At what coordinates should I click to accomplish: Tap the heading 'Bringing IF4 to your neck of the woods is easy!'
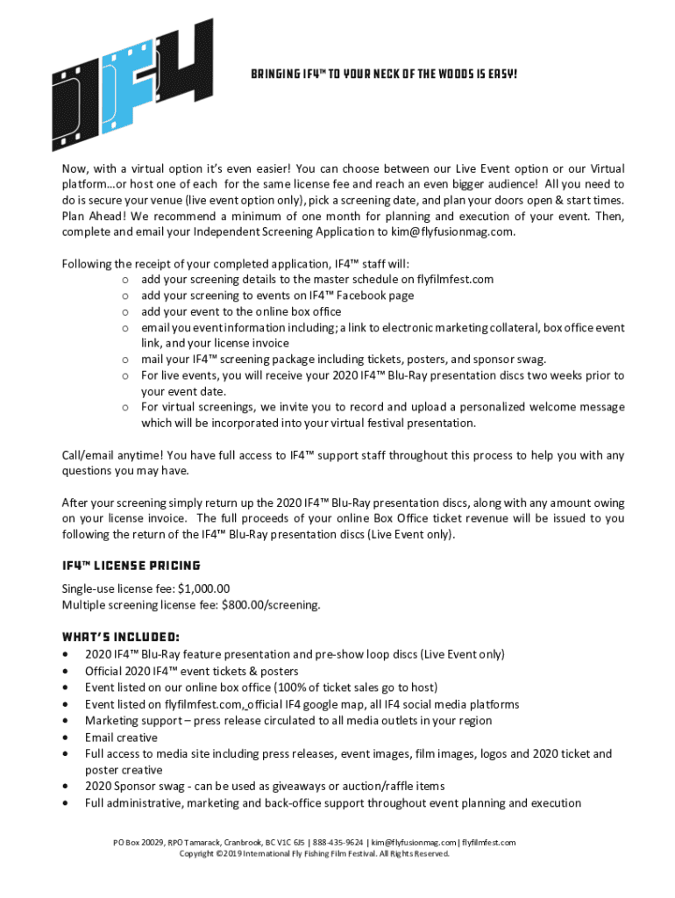384,74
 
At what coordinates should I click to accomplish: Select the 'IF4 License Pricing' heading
131,566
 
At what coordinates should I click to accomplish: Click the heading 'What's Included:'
121,635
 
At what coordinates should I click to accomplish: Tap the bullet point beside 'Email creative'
66,738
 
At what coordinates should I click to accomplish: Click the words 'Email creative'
121,738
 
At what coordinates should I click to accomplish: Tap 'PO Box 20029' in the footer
139,842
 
